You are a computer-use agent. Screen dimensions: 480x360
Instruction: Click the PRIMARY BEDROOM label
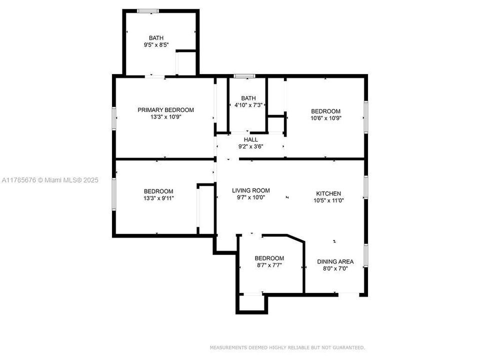(x=165, y=110)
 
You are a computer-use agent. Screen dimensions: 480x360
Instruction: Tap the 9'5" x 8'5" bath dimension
(x=156, y=45)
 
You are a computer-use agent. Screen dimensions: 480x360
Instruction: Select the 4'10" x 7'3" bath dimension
(x=248, y=105)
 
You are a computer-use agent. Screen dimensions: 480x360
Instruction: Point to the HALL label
(x=250, y=139)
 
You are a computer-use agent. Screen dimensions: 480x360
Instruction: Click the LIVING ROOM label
(x=250, y=190)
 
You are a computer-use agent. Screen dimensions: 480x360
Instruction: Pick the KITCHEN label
(x=328, y=193)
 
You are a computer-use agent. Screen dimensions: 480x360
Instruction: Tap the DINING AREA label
(x=335, y=261)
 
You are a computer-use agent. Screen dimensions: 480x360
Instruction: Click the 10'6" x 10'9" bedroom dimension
(x=325, y=118)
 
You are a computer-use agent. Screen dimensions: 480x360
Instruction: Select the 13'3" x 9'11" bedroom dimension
(x=158, y=198)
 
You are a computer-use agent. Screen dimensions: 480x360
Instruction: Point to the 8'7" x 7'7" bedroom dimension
(x=269, y=265)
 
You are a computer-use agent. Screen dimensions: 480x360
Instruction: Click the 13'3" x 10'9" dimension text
(x=165, y=117)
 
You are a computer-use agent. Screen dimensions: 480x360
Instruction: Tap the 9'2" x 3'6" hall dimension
(x=250, y=146)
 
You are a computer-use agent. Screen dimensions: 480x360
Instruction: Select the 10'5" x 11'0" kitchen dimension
(x=328, y=200)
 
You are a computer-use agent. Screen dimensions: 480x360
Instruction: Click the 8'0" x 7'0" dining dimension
(x=335, y=269)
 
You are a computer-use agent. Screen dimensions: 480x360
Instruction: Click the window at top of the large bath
(x=148, y=11)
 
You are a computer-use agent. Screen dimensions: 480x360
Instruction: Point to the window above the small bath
(x=244, y=76)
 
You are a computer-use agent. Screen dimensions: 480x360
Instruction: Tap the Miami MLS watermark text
(x=50, y=180)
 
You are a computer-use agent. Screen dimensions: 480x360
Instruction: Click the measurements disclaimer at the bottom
(x=287, y=347)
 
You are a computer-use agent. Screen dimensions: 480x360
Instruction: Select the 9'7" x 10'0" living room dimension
(x=250, y=197)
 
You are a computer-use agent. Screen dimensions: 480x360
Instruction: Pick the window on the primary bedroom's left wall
(x=114, y=118)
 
